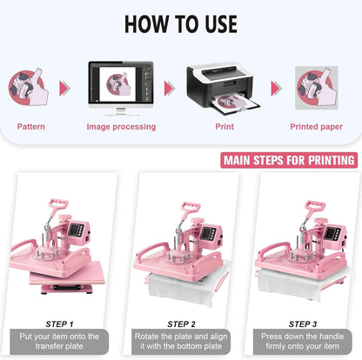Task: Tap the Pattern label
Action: click(30, 127)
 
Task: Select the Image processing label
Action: click(121, 127)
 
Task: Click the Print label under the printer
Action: click(224, 127)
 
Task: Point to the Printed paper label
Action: click(316, 127)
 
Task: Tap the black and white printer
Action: click(222, 86)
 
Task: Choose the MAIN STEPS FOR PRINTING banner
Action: click(289, 160)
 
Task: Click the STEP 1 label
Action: click(59, 323)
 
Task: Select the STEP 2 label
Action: click(181, 323)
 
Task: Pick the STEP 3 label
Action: click(303, 323)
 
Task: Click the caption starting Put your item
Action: click(59, 342)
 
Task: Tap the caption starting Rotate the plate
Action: click(181, 342)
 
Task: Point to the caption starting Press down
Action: click(304, 342)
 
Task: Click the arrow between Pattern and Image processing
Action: click(64, 88)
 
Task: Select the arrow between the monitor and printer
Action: click(169, 88)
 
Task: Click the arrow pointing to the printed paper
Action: click(276, 88)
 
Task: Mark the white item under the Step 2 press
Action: click(181, 288)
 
